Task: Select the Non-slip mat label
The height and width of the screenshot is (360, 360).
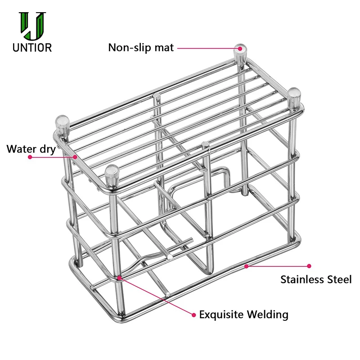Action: tap(140, 47)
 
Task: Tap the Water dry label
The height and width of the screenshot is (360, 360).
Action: tap(31, 148)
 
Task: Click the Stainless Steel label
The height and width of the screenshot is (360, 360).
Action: tap(316, 279)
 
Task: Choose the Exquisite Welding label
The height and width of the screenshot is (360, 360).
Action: tap(243, 314)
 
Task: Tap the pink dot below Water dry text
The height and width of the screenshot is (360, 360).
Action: tap(30, 157)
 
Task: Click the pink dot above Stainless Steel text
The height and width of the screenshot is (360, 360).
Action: tap(309, 266)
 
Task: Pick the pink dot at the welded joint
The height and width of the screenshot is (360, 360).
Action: tap(119, 278)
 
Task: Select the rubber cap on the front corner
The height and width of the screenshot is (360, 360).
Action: tap(112, 176)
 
